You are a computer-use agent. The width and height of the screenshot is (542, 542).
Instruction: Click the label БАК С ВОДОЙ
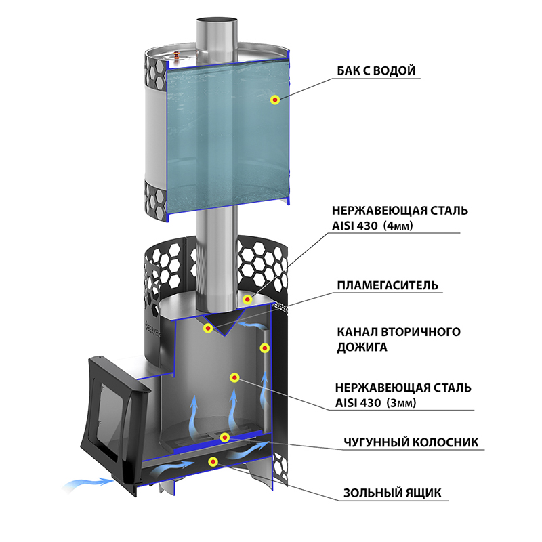click(x=376, y=71)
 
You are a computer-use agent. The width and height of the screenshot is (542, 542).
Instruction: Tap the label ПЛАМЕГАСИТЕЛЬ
click(x=388, y=285)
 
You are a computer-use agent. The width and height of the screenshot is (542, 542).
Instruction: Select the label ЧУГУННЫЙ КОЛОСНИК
click(x=411, y=442)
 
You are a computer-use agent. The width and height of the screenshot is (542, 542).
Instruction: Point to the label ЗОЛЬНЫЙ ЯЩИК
click(x=392, y=493)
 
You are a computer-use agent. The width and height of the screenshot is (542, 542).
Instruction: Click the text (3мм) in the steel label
click(x=402, y=402)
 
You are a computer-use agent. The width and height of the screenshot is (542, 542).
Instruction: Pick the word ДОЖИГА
click(x=362, y=347)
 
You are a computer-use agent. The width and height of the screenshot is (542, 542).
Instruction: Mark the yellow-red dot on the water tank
click(x=275, y=100)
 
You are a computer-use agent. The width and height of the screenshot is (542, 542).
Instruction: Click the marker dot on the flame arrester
click(x=208, y=328)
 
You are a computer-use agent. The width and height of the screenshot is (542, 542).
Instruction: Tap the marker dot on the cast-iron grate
click(x=225, y=438)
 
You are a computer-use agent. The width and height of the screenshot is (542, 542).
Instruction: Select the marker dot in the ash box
click(x=213, y=461)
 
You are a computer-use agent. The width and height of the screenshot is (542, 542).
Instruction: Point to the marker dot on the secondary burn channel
click(x=264, y=348)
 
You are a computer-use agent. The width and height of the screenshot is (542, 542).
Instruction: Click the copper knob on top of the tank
click(x=177, y=55)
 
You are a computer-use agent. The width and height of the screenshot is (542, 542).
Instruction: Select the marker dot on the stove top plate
click(x=247, y=299)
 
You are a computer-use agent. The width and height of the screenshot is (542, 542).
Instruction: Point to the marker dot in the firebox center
click(x=234, y=377)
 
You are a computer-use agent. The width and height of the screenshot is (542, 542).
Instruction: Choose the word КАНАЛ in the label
click(x=358, y=332)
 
